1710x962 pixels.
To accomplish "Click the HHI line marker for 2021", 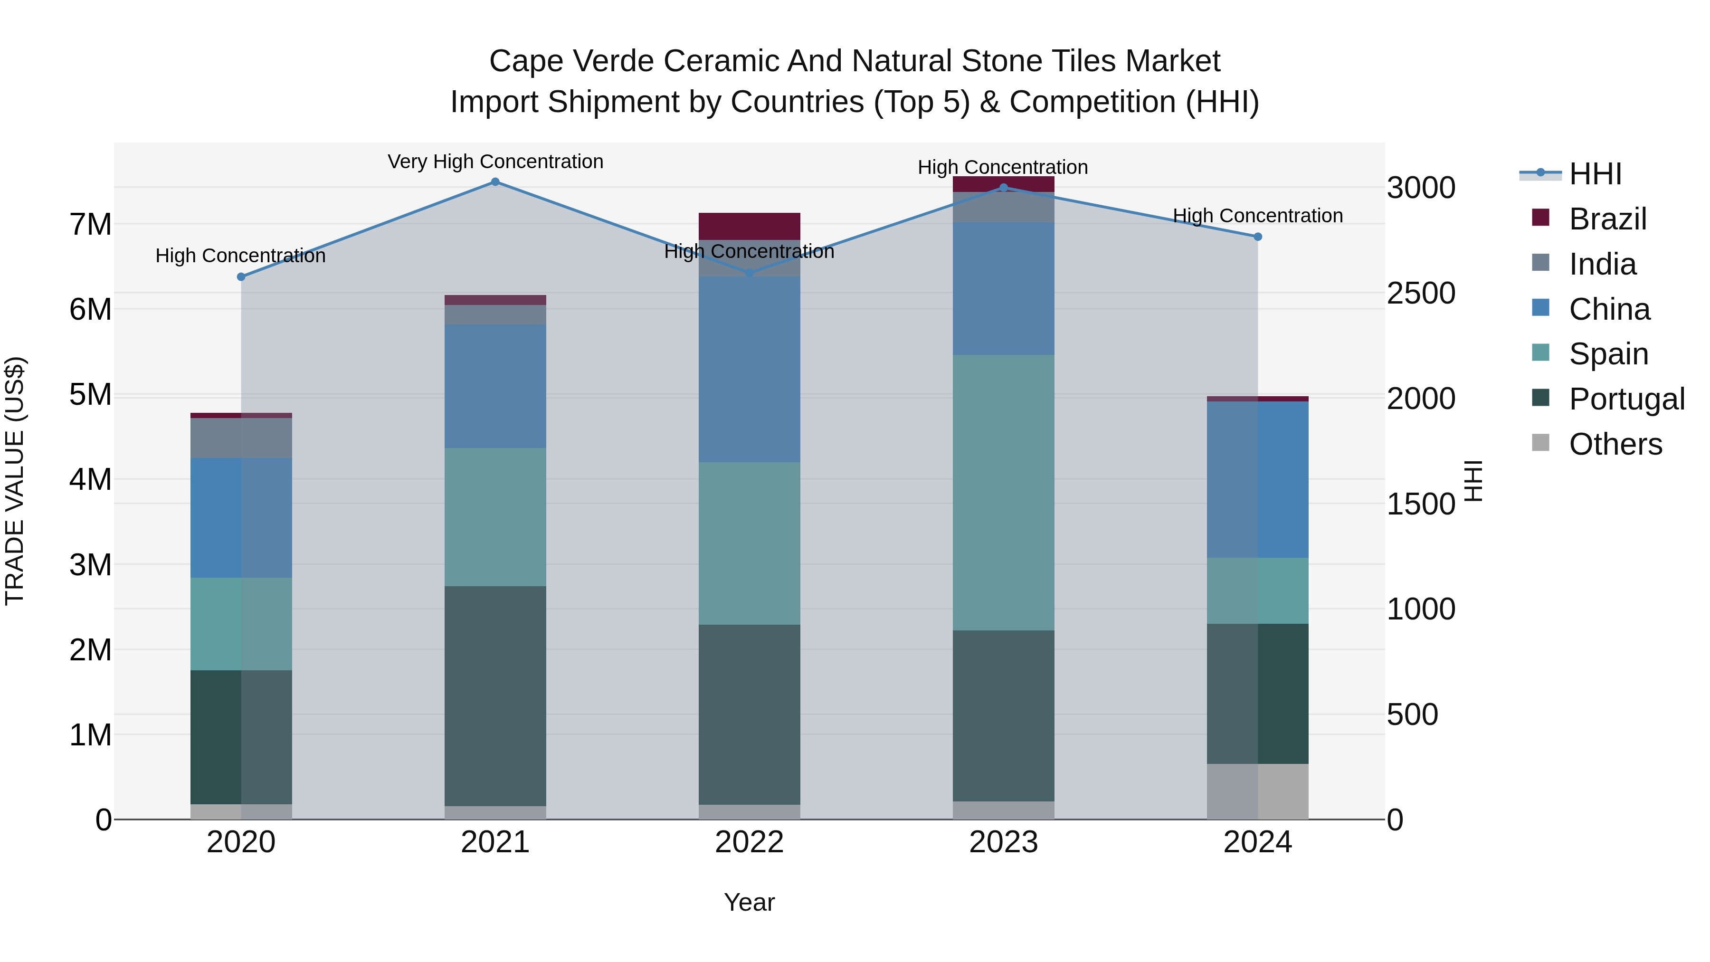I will tap(495, 182).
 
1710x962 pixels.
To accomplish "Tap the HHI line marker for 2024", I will tap(1257, 237).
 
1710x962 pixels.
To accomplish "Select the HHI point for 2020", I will tap(241, 277).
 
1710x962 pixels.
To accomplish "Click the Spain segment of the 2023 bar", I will tap(1003, 493).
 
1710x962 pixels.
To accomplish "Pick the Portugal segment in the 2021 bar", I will tap(495, 696).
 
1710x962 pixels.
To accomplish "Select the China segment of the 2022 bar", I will tap(750, 369).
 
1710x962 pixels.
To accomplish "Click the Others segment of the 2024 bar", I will tap(1257, 791).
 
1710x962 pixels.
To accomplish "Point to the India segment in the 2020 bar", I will tap(241, 438).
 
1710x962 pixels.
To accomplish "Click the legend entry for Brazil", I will tap(1607, 219).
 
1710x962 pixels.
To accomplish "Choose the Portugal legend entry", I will tap(1626, 399).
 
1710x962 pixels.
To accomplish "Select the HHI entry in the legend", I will tap(1595, 174).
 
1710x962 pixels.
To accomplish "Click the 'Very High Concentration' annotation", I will tap(495, 162).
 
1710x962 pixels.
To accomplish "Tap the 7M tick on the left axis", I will tap(90, 224).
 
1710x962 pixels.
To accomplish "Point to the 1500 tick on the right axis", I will tap(1421, 504).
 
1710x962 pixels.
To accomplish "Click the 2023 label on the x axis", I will tap(1003, 842).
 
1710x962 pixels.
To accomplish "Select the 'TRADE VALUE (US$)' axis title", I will tap(15, 481).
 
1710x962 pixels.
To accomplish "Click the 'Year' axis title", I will tap(750, 902).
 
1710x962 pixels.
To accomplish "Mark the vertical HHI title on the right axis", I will tap(1472, 481).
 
